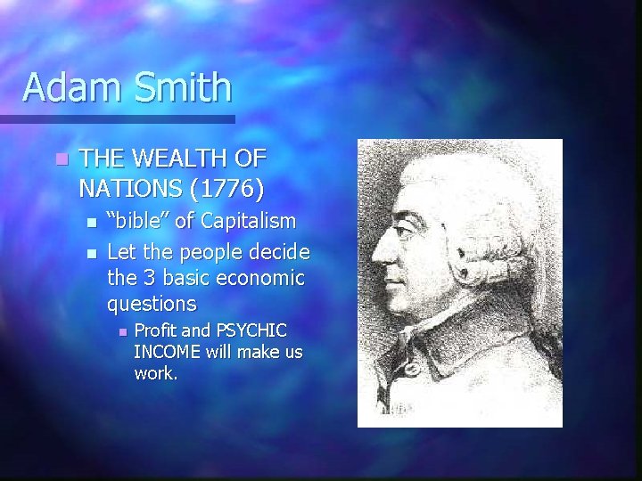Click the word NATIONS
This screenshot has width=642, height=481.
(x=128, y=189)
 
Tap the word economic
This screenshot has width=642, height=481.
(x=260, y=278)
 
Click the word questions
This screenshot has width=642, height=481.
(x=152, y=305)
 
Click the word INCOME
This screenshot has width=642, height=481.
(x=167, y=353)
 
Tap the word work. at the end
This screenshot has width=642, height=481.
(x=156, y=373)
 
